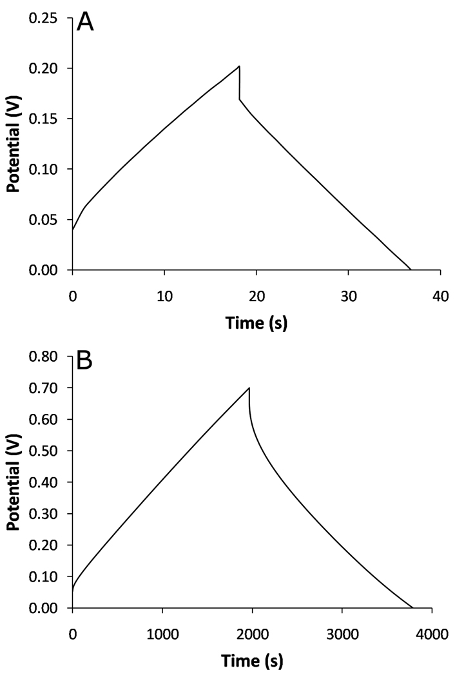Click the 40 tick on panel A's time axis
(x=440, y=289)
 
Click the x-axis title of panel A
(x=256, y=322)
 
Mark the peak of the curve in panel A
(x=239, y=66)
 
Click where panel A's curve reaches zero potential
(x=411, y=270)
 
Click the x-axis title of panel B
(x=252, y=661)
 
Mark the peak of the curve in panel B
(x=249, y=388)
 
